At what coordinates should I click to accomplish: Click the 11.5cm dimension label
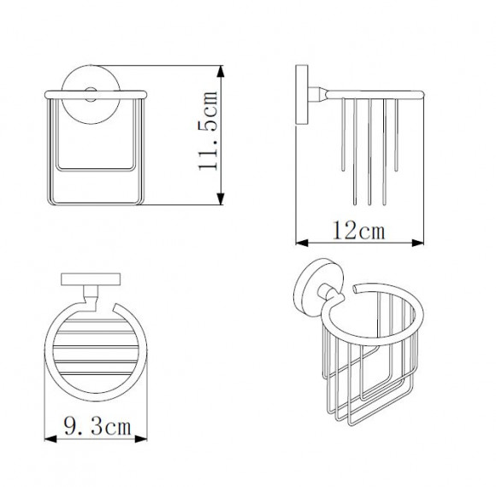point(208,132)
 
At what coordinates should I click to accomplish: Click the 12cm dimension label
point(358,231)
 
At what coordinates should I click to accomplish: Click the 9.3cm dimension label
point(97,425)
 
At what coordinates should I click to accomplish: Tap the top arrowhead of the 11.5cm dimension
point(221,72)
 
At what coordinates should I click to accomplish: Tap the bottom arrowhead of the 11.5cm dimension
point(221,199)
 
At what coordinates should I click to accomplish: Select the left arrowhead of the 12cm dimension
point(302,243)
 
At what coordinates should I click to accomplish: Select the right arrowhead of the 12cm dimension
point(417,243)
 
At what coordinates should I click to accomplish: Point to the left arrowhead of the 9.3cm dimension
point(50,438)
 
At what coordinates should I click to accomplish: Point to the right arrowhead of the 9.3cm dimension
point(141,438)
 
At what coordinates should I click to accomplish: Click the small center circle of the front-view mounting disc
point(91,95)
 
